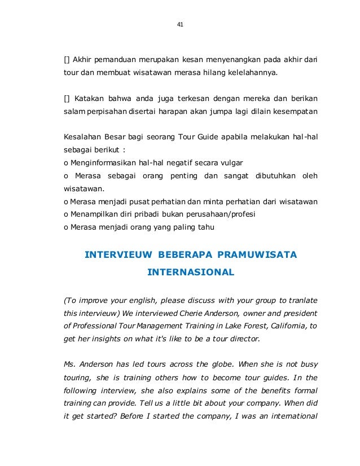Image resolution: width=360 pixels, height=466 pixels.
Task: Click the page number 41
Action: click(180, 24)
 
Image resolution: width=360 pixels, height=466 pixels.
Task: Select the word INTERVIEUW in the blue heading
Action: click(117, 255)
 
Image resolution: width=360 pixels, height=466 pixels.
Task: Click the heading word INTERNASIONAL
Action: click(190, 272)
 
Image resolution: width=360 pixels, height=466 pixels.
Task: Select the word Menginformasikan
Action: click(104, 163)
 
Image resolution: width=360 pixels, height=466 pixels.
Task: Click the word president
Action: click(300, 313)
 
